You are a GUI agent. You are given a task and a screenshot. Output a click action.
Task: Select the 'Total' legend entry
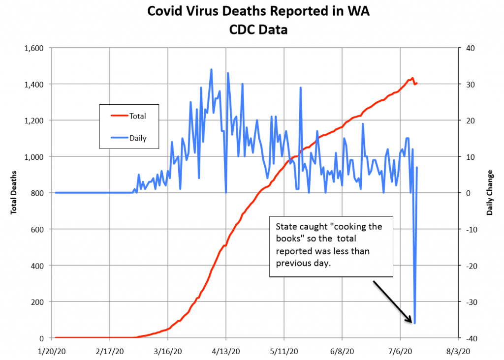point(137,117)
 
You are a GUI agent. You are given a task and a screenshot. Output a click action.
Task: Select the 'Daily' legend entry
point(137,138)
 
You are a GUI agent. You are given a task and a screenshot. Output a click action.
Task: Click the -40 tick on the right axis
point(470,338)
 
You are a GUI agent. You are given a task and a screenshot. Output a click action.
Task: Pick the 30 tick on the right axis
point(470,85)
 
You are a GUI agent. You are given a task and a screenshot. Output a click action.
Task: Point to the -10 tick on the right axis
point(470,230)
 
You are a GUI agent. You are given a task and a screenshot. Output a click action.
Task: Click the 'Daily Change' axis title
point(490,193)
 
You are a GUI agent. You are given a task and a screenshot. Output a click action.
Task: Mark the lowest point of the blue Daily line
point(415,323)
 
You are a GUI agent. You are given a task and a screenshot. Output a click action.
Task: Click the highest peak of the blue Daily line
point(212,69)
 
